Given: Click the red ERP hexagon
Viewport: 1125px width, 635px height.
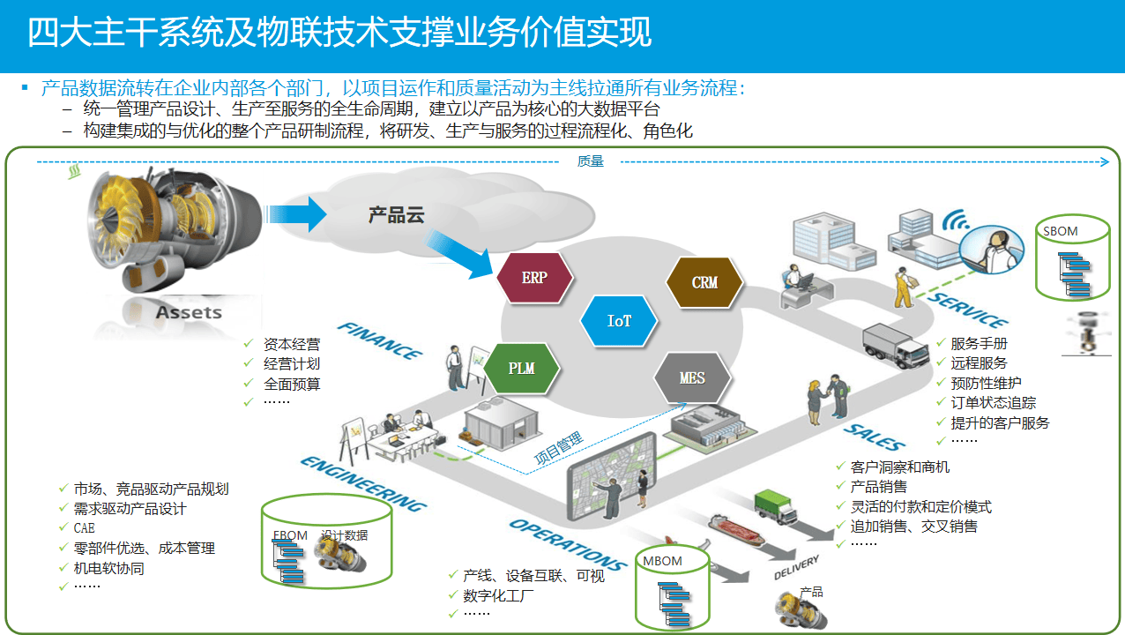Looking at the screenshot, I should point(534,278).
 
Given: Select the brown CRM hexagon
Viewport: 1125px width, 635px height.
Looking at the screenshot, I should point(704,282).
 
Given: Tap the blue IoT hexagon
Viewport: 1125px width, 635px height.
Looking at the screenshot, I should point(619,321).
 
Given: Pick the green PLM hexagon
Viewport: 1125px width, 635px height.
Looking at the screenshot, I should point(521,367).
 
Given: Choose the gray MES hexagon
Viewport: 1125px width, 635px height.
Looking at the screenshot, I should point(692,377).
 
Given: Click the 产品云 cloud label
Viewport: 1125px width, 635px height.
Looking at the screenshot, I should point(397,215).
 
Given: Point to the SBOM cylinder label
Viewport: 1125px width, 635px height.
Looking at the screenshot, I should point(1061,232).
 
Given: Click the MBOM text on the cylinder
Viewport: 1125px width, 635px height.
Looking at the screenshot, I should point(662,561).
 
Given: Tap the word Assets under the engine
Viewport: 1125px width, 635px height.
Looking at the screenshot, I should point(189,312).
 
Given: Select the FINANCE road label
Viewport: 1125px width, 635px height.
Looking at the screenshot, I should point(380,341).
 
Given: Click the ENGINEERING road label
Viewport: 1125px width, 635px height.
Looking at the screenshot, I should point(363,483).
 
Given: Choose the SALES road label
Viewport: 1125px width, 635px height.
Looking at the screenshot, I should point(874,436).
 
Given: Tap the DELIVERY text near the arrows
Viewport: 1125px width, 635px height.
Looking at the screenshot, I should point(796,568).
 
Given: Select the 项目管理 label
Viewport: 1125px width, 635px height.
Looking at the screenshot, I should point(559,447).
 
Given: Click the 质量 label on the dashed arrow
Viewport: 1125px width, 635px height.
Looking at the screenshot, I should point(591,161).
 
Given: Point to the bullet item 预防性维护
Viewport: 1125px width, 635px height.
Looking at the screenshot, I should point(986,383).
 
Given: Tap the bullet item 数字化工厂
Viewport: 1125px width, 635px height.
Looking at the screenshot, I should point(498,595).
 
